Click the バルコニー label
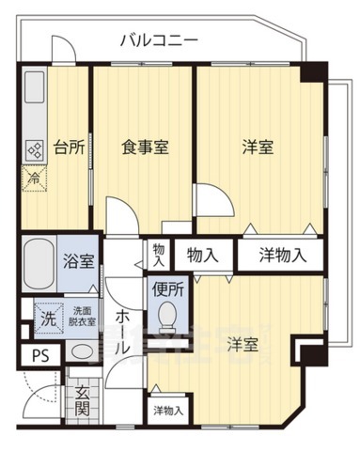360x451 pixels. click(158, 40)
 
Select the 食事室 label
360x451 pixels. click(143, 148)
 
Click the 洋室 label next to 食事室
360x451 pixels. click(257, 148)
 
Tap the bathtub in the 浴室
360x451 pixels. click(40, 260)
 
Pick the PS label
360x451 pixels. click(39, 356)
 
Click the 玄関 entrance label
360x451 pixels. click(83, 401)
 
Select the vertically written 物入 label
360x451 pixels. click(159, 254)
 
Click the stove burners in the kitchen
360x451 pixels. click(35, 148)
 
